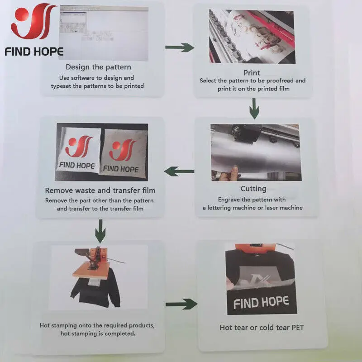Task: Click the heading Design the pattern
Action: pos(98,67)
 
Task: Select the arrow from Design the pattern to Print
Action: pos(180,47)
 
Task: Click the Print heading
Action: pos(252,72)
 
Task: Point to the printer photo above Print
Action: pos(252,36)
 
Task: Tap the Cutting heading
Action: pos(253,189)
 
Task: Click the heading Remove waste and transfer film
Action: pos(100,191)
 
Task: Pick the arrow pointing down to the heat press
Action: pos(100,232)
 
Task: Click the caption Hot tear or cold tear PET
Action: pos(262,327)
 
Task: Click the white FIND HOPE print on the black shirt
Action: pos(262,302)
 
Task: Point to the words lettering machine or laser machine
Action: pos(252,208)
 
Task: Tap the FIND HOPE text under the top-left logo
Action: pos(34,51)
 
